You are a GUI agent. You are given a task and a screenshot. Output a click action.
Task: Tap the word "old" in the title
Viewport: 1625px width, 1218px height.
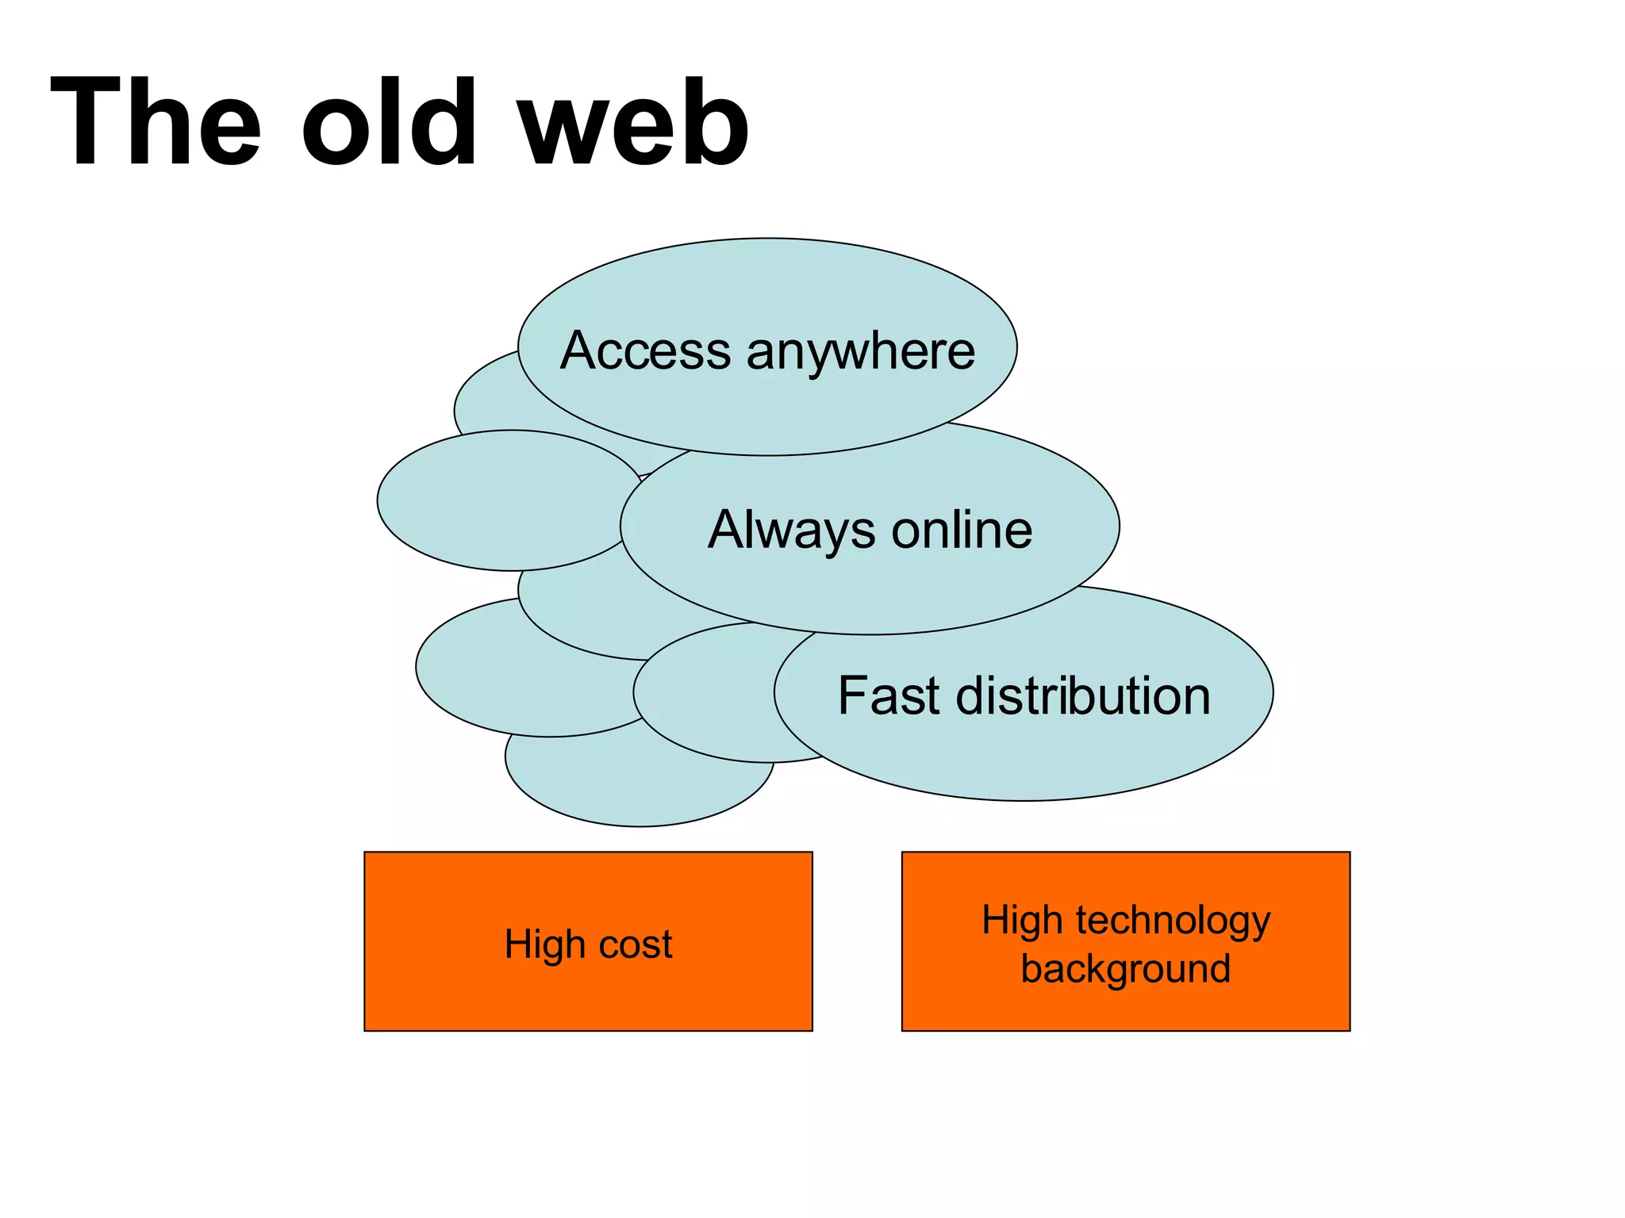tap(389, 123)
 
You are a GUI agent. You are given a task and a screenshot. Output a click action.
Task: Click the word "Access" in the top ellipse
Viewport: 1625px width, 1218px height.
tap(645, 350)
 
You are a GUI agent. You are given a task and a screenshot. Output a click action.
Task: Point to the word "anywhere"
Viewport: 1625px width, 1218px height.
tap(860, 350)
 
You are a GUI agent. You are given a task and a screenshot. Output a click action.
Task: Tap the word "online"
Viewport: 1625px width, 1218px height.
tap(962, 530)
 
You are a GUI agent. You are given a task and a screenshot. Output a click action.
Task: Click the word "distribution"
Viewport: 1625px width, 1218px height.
tap(1083, 695)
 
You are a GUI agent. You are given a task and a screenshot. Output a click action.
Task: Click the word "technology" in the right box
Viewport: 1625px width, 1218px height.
tap(1174, 920)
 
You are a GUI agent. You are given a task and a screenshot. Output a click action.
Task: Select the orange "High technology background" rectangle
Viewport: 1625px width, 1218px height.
tap(1125, 1007)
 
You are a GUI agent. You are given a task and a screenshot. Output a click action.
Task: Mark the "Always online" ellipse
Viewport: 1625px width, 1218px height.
tap(870, 587)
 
